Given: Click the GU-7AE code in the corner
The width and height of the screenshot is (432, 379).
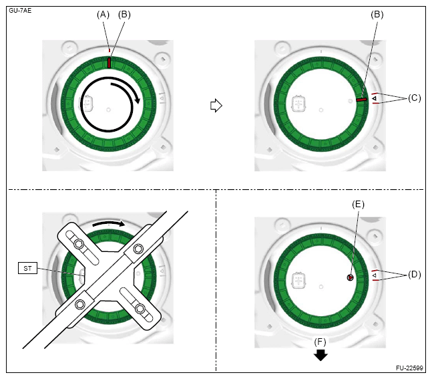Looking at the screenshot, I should coord(19,10).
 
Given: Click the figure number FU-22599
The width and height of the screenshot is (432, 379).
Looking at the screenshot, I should coord(409,368).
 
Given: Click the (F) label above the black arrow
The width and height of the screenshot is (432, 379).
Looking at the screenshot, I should coord(321,342).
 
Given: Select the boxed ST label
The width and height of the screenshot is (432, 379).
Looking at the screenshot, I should coord(27,269).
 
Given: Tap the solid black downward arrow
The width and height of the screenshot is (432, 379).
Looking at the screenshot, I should coord(321,356).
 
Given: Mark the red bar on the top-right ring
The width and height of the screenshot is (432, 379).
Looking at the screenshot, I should coord(361,100).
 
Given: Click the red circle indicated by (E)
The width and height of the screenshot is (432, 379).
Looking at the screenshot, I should coord(350,277).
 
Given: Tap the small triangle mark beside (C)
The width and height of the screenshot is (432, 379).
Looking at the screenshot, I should coord(375,99).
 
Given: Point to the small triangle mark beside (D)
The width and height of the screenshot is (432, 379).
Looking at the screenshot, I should coord(375,275).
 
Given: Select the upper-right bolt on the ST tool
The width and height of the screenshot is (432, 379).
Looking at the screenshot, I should coord(138,249).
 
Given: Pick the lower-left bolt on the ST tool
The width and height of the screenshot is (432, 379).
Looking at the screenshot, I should coord(80,305).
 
